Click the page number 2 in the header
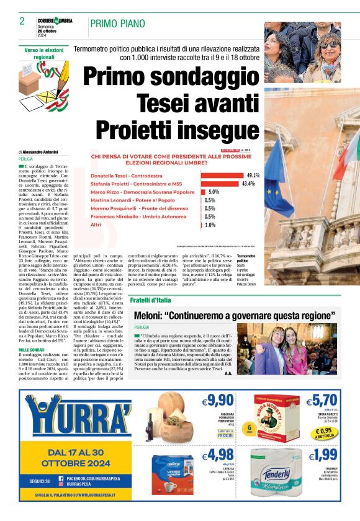click(22, 21)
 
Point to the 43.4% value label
click(249, 184)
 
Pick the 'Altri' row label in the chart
click(97, 225)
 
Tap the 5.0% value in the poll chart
click(214, 192)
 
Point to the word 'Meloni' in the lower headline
click(153, 315)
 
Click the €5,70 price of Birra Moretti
click(325, 400)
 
